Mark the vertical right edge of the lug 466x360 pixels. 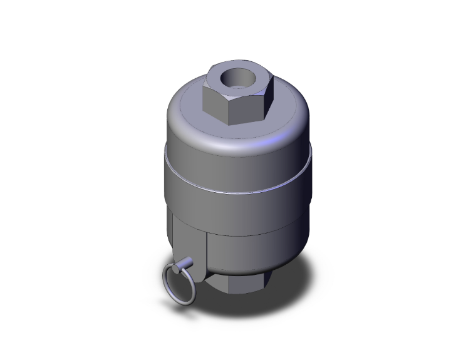205,254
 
